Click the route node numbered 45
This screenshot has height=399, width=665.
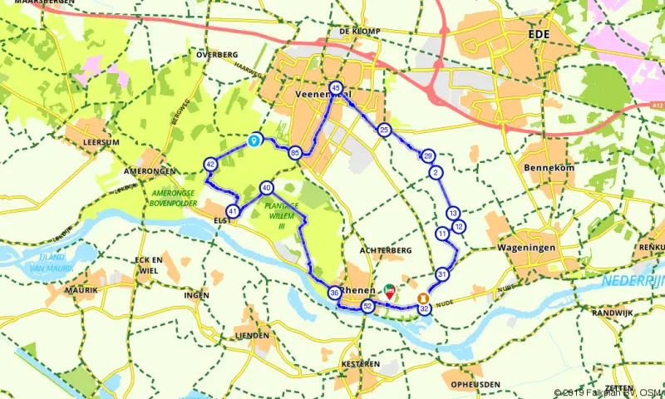coord(336,88)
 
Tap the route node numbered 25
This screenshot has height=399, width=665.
coord(384,131)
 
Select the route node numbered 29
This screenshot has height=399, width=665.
coord(428,156)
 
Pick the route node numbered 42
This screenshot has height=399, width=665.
coord(210,165)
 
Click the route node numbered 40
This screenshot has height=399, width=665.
coord(266,188)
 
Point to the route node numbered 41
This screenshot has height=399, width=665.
coord(234,211)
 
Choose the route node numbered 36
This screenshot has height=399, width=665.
coord(334,293)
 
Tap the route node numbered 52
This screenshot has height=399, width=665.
coord(367,306)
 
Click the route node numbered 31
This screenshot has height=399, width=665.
coord(442,274)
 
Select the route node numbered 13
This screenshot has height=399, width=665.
coord(453,214)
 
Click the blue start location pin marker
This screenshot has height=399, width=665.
coord(256,141)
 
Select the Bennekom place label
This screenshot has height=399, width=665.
coord(544,167)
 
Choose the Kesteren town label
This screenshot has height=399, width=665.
coord(361,364)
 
